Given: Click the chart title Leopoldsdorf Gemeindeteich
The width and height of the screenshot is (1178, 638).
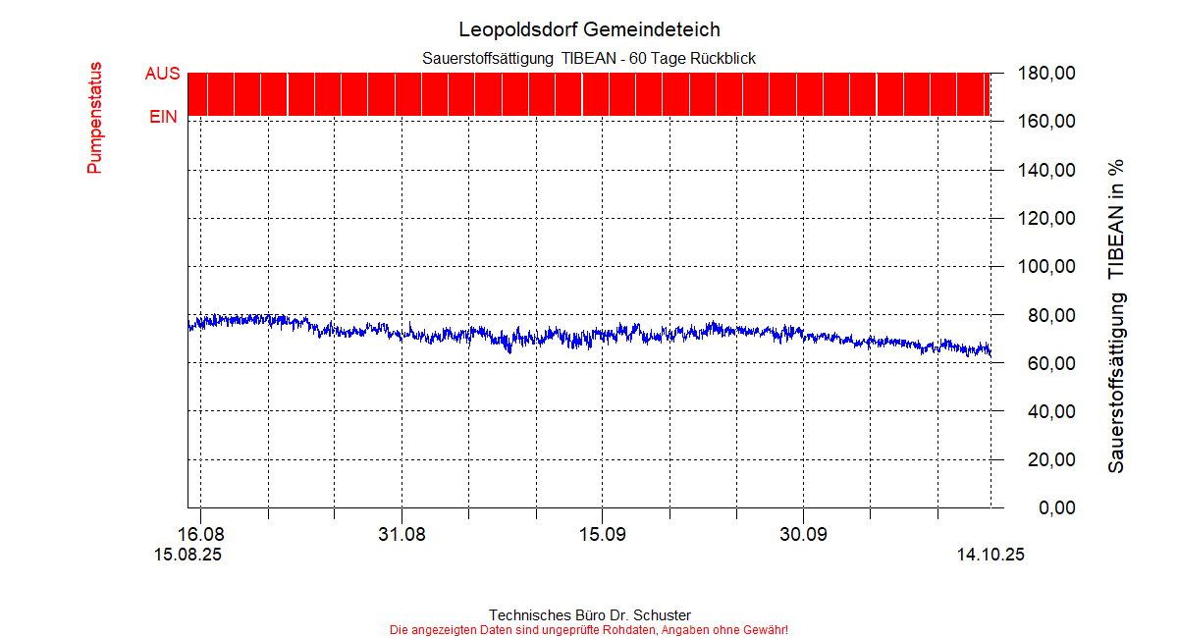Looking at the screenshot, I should [589, 29].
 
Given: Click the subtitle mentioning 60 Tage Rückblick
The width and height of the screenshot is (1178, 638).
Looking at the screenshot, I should [589, 59].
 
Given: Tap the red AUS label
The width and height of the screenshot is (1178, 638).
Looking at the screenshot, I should [162, 74].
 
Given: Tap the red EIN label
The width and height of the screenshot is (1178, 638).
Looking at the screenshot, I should [163, 117].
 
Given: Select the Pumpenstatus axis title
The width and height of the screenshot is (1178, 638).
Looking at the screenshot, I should [94, 119].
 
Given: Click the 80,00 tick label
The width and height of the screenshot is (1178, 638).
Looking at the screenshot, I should [1045, 315].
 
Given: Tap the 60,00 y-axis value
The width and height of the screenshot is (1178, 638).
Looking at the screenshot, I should [1045, 363].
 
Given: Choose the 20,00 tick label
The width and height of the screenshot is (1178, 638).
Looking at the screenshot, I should [1045, 459].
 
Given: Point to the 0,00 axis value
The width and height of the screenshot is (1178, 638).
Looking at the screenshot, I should [1049, 508].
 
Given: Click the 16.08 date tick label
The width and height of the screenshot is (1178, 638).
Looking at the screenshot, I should [200, 535].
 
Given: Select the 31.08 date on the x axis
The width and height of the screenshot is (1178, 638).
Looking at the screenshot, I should [402, 535].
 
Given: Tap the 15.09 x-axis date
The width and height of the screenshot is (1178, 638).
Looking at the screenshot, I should [603, 535].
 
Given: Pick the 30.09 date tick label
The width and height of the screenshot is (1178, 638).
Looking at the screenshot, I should [803, 535].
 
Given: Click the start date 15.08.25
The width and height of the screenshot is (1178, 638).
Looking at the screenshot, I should [187, 555].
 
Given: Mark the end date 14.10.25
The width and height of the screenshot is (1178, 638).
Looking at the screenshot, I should [991, 555].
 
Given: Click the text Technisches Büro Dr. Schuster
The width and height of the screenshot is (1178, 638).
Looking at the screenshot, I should [589, 615].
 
